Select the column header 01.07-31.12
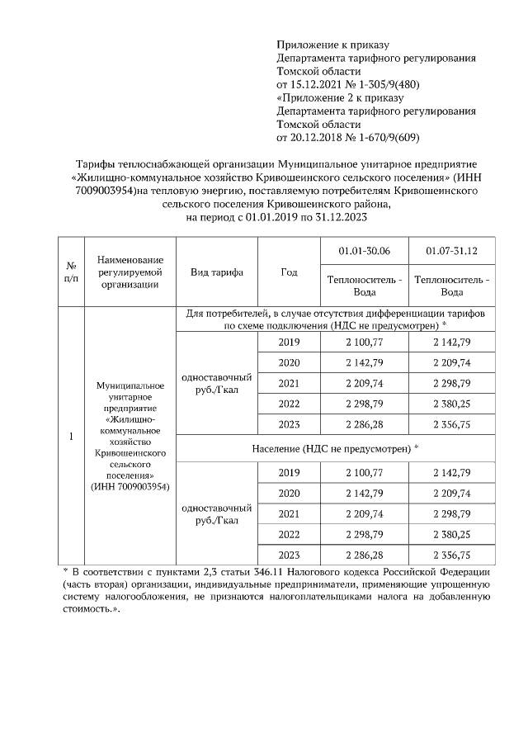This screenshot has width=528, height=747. [x=451, y=251]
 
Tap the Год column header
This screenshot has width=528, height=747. [x=289, y=273]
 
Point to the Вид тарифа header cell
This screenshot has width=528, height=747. [x=216, y=273]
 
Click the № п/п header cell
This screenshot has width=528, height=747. [x=72, y=273]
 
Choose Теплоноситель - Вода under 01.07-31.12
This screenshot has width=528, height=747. [x=451, y=286]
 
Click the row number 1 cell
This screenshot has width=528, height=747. [x=72, y=437]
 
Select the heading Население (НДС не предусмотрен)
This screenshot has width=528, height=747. [x=335, y=448]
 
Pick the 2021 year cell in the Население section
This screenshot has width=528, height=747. [x=289, y=513]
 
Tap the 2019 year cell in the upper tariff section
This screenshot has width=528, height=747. [x=289, y=342]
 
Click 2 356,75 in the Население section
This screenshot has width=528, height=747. [x=451, y=555]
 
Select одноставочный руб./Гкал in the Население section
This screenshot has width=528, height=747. [x=216, y=513]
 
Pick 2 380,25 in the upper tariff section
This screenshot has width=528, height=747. [x=451, y=404]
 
